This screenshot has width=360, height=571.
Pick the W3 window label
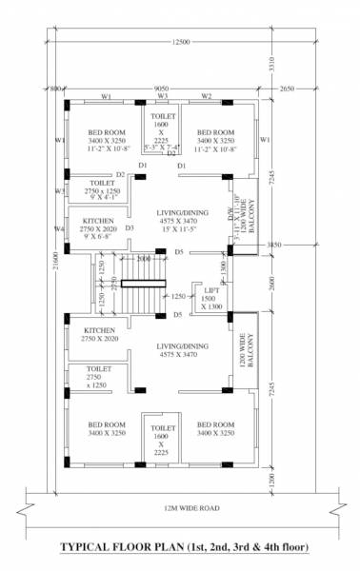[x=163, y=97]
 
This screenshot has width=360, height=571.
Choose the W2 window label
[x=206, y=97]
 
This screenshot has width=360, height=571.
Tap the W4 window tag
[x=59, y=229]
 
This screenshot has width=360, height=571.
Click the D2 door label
[x=121, y=175]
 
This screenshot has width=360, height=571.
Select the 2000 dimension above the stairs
[x=144, y=259]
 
